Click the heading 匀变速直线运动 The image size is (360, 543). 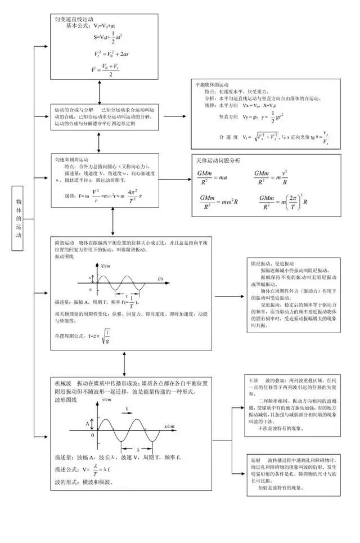click(x=72, y=19)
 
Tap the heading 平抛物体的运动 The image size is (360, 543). click(x=212, y=84)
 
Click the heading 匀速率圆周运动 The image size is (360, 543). click(x=72, y=159)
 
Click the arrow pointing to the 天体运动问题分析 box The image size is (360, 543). click(x=177, y=179)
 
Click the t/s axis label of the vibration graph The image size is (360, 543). click(x=160, y=279)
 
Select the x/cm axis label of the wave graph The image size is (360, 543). click(x=169, y=427)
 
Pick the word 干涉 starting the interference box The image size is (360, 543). click(x=254, y=380)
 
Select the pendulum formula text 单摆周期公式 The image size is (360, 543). click(x=71, y=335)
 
